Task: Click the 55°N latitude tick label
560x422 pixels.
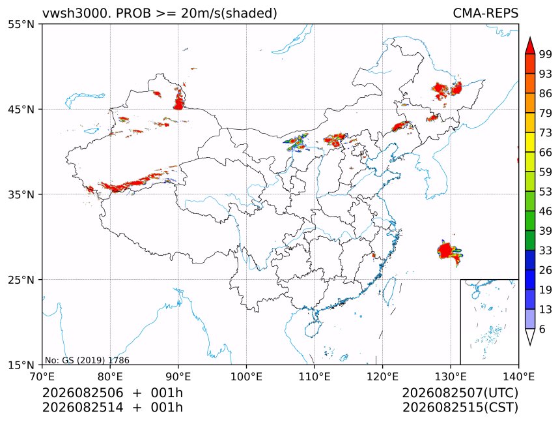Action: (x=21, y=25)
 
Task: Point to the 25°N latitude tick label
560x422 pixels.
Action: (x=21, y=280)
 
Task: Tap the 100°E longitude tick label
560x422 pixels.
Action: (x=246, y=376)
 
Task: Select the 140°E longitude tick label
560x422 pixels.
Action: (x=518, y=376)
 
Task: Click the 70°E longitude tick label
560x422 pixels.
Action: (x=42, y=376)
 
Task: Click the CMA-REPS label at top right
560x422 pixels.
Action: (x=485, y=13)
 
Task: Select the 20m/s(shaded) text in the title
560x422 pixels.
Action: (x=229, y=13)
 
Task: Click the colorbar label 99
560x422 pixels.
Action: (x=546, y=54)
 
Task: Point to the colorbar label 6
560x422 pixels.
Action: (x=542, y=329)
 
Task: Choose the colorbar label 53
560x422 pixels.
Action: (x=546, y=192)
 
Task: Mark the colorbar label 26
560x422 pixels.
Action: (x=546, y=270)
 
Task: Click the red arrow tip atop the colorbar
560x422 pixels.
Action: (x=530, y=37)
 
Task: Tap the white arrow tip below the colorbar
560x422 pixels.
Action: (x=530, y=345)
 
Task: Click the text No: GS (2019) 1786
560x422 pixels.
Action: (x=87, y=360)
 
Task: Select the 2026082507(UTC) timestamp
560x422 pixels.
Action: (x=460, y=393)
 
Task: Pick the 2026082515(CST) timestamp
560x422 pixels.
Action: (x=460, y=408)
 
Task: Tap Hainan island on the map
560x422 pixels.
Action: (x=313, y=329)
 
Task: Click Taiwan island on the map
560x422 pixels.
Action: (x=389, y=290)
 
